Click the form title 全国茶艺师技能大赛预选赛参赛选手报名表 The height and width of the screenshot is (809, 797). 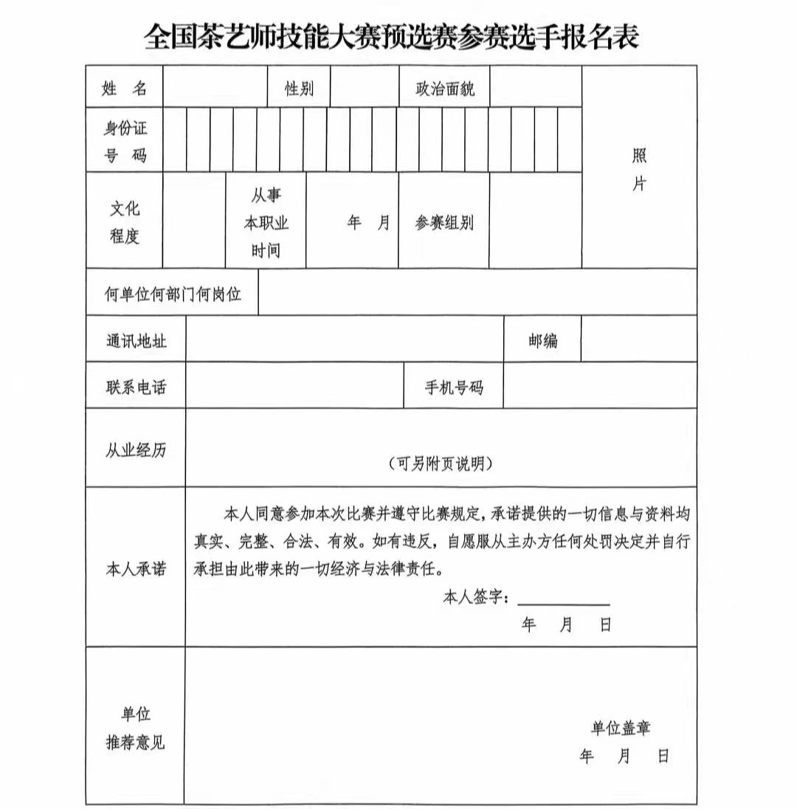tap(391, 35)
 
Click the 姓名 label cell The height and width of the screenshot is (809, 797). tap(124, 89)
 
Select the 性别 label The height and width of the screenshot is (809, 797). tap(299, 89)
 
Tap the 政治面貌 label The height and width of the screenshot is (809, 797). tap(444, 89)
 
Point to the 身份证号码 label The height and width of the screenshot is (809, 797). tap(124, 142)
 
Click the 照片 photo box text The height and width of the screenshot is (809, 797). tap(639, 170)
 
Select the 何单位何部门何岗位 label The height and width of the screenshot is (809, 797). tap(173, 295)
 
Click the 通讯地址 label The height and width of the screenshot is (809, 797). tap(136, 341)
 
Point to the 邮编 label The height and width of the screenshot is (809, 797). tap(542, 341)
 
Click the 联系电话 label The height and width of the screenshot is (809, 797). tap(136, 387)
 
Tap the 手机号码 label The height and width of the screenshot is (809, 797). tap(453, 387)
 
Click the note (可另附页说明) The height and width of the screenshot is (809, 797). tap(441, 464)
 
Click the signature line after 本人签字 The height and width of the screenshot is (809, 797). tap(564, 601)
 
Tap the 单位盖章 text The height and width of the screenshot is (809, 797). tap(620, 729)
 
